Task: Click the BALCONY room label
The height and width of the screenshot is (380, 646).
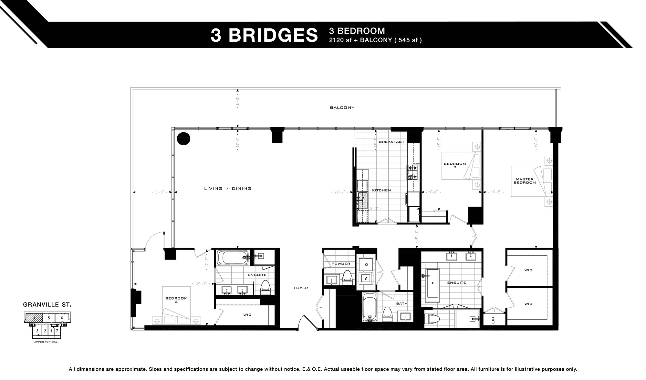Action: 342,108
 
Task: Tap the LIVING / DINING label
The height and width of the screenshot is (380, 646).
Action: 227,189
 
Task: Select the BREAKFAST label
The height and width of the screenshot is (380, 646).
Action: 391,142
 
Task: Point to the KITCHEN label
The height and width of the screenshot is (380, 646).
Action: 381,190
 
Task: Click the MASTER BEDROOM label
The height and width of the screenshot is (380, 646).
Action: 525,181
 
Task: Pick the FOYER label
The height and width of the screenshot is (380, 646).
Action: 301,288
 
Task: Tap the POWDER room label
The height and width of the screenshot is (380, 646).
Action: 340,264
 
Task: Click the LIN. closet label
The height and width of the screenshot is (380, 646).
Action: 493,320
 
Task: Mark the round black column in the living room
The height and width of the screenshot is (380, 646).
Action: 183,139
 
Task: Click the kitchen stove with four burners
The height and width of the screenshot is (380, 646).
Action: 412,172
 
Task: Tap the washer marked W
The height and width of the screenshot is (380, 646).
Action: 366,278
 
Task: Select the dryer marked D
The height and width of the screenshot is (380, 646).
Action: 366,264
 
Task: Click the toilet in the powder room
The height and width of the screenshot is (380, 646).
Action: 347,277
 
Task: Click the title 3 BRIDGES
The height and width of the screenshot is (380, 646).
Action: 264,35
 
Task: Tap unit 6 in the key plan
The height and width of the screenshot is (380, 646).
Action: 62,318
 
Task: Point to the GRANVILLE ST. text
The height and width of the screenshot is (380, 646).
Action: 47,304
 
